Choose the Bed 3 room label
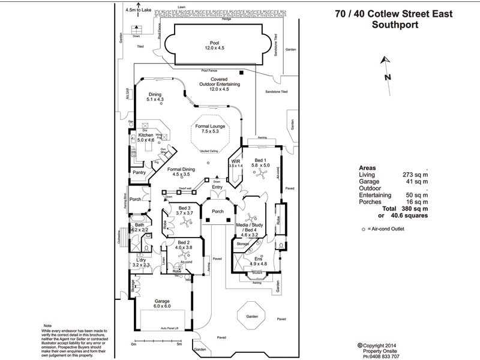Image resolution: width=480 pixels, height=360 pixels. [x=184, y=211]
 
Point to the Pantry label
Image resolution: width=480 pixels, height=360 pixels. [x=140, y=173]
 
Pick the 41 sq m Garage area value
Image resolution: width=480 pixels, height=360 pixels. [x=416, y=181]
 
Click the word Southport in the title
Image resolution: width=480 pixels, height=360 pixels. [x=395, y=25]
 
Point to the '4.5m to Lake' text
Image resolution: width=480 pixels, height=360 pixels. [x=137, y=10]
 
